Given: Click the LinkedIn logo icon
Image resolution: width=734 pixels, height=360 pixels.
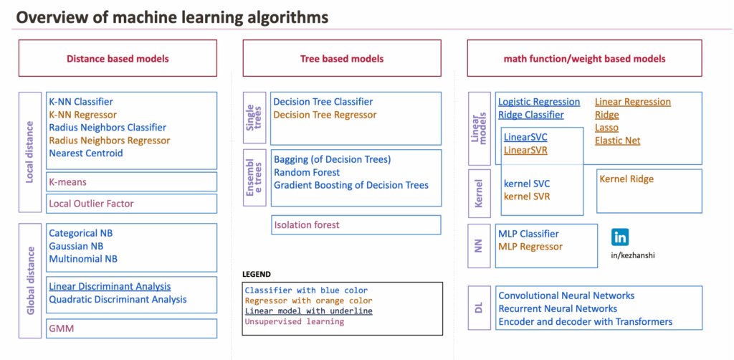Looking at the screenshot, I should (x=620, y=237).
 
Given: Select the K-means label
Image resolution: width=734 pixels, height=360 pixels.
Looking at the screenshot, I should (x=67, y=182).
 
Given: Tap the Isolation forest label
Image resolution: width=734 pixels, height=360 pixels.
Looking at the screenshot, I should (x=307, y=224).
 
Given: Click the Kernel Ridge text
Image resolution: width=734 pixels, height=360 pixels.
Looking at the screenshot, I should (x=626, y=179).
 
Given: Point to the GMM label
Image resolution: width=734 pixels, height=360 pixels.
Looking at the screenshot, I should (x=61, y=328).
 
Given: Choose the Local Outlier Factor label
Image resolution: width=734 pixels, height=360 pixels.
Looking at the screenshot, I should (x=91, y=203).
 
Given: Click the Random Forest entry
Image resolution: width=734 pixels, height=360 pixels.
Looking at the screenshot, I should (x=307, y=172).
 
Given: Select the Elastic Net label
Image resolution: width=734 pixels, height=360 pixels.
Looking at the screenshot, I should (x=618, y=141).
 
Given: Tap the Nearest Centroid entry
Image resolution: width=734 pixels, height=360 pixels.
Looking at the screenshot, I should (x=86, y=153).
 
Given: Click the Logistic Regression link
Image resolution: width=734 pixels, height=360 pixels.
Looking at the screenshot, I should (x=539, y=102).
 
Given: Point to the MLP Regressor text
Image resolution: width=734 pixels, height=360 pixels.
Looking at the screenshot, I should (x=530, y=246).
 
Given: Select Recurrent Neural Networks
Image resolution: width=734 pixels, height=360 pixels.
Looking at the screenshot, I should (x=558, y=308).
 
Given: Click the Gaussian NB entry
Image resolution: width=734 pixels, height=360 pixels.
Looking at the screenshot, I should (x=76, y=246).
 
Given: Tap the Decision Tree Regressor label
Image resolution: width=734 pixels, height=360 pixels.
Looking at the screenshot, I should (x=325, y=115).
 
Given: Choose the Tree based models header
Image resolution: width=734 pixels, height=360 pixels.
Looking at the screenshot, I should (x=341, y=59).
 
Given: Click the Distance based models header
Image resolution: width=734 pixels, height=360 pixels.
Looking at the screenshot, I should (x=118, y=59).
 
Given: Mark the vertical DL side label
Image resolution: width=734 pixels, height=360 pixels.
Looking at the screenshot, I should (x=479, y=308).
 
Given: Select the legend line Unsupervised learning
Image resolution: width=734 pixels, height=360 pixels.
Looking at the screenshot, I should (x=294, y=321).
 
